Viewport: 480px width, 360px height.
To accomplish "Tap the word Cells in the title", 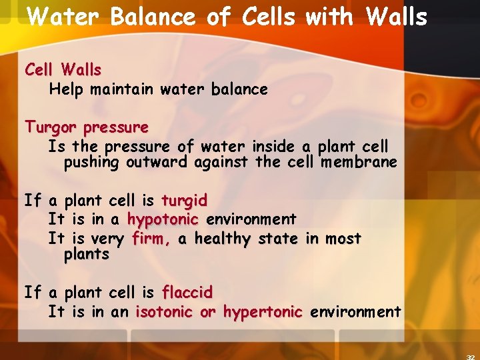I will click(263, 17).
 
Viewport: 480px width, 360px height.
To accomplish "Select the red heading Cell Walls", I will click(63, 69).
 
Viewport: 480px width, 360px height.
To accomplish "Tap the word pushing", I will click(91, 162).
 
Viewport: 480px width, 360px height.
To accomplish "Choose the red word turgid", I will click(184, 200).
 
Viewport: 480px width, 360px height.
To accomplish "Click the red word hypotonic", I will click(163, 219).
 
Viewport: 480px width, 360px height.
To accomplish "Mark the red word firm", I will click(150, 238).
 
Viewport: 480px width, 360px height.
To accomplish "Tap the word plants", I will click(86, 254).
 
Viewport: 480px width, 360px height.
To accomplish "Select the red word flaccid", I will click(187, 292).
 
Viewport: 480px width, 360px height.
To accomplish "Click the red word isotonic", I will click(165, 311).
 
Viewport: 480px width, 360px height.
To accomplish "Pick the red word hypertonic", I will click(263, 311).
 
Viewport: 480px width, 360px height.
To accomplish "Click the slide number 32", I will click(471, 355).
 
